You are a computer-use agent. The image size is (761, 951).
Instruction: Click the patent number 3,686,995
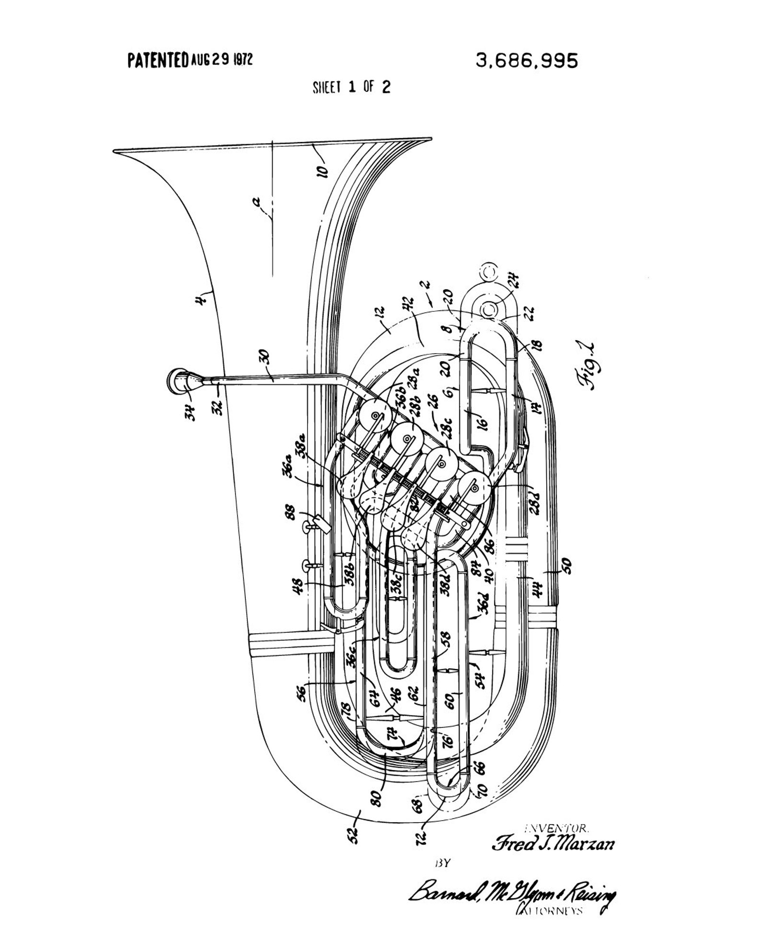click(x=527, y=61)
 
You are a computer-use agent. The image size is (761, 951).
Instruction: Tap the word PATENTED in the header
click(x=158, y=60)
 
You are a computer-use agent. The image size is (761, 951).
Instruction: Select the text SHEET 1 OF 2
click(x=351, y=87)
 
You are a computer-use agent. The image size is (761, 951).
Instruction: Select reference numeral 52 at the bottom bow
click(x=353, y=835)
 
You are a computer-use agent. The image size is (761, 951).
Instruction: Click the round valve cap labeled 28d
click(x=474, y=487)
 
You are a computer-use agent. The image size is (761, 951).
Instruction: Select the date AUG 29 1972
click(x=222, y=60)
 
